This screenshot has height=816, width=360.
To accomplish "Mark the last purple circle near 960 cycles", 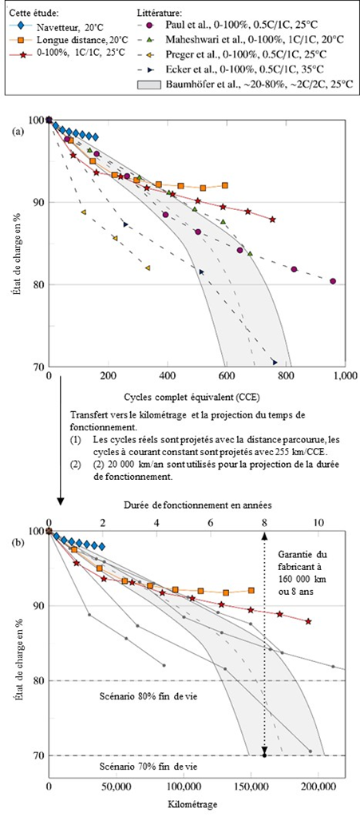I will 333,281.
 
